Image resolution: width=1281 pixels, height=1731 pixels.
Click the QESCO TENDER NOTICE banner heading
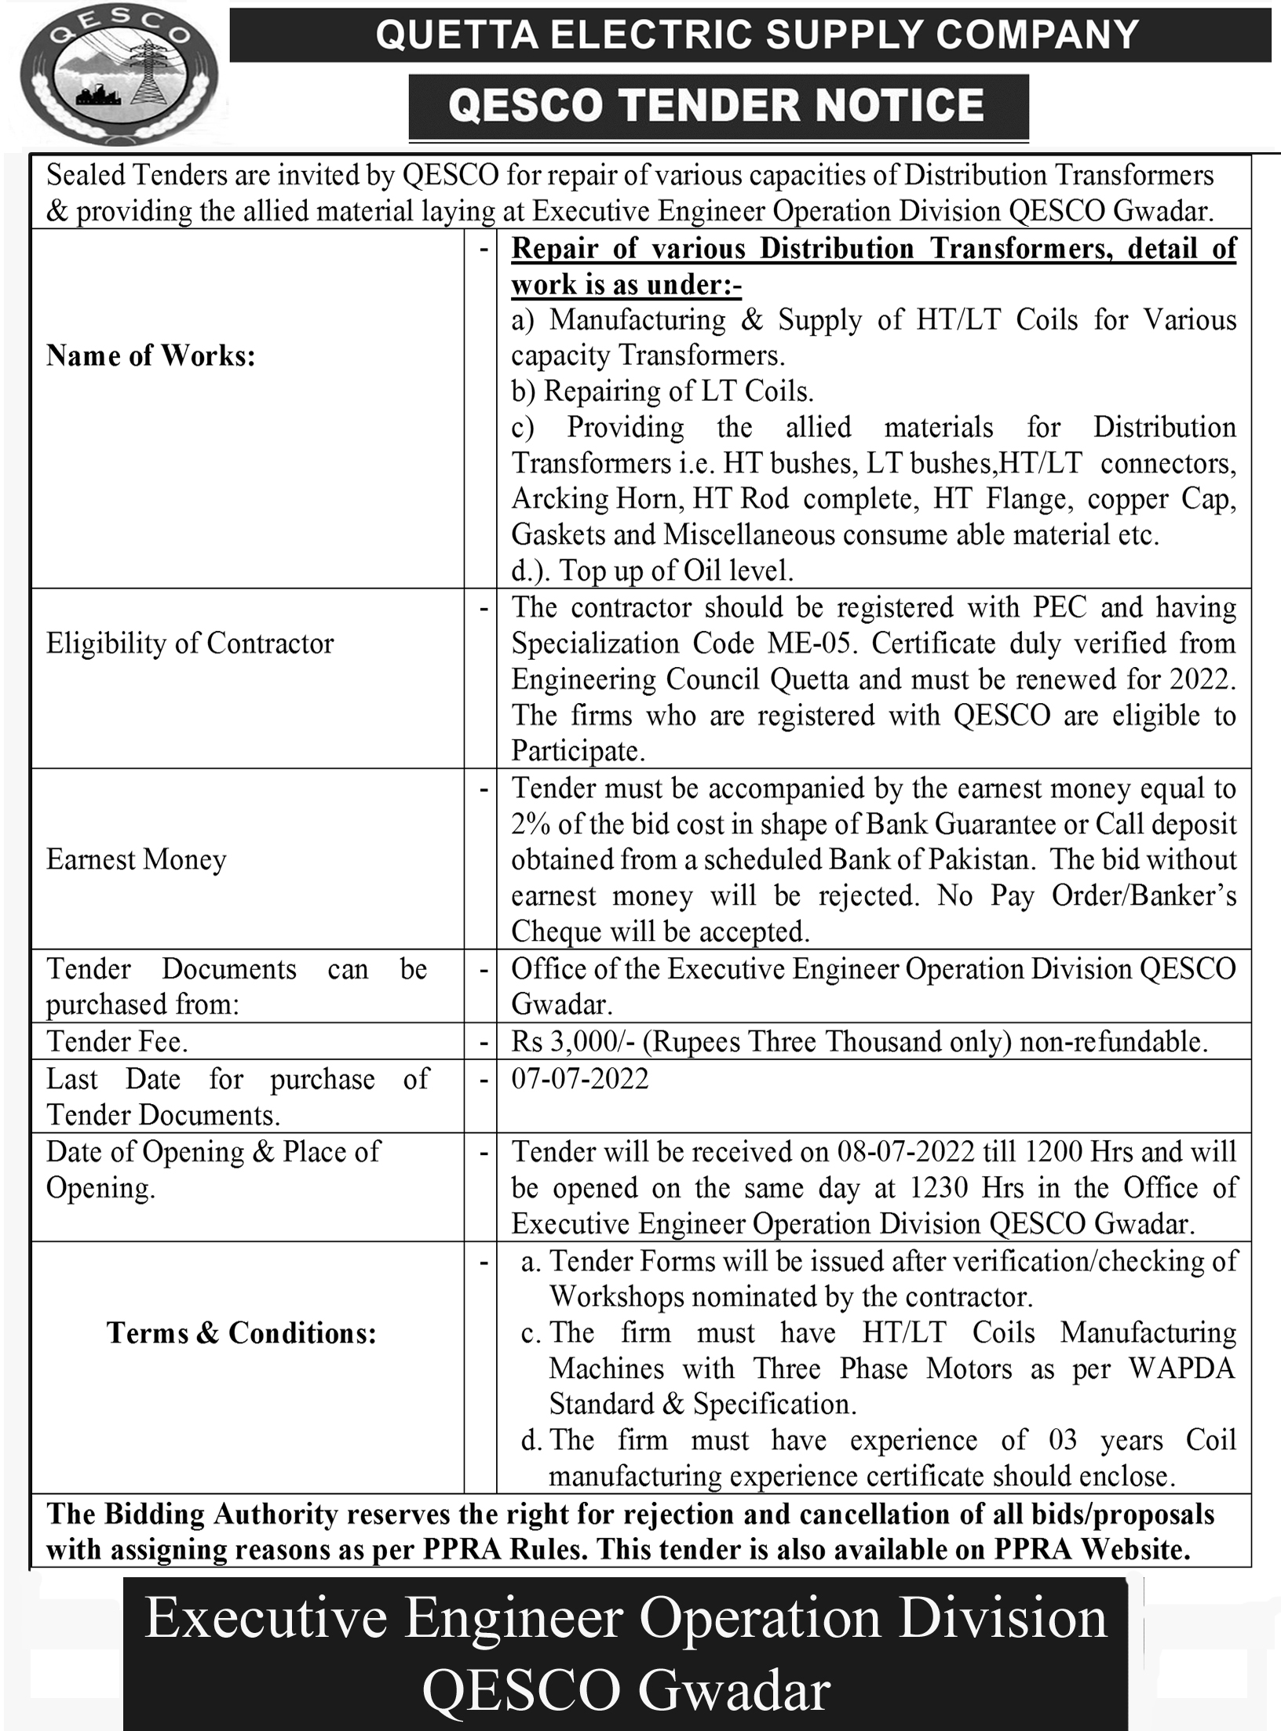point(717,106)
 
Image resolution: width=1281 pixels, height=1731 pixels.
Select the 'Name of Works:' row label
point(151,356)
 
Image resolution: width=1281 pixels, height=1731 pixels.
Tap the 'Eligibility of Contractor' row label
point(190,643)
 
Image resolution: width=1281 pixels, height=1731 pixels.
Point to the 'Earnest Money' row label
point(136,859)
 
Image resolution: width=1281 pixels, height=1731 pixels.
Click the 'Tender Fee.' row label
point(117,1041)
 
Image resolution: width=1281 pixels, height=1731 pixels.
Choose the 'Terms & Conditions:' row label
point(242,1332)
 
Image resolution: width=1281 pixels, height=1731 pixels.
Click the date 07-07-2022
point(580,1079)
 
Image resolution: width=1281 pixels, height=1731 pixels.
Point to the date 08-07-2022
point(906,1152)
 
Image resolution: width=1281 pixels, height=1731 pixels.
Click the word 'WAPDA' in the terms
point(1182,1368)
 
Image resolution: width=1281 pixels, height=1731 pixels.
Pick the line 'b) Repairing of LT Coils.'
point(662,391)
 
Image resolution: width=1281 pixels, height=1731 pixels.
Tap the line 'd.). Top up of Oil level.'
point(652,570)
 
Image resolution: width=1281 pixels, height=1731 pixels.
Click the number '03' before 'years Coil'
point(1062,1440)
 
